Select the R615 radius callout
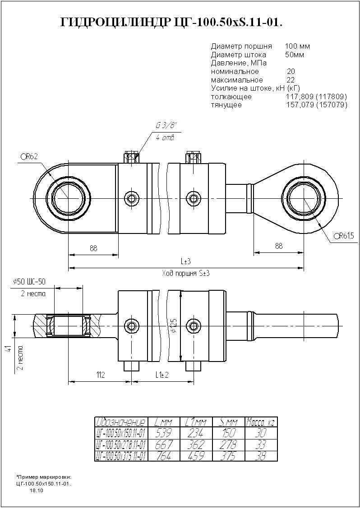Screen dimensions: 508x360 point(344,235)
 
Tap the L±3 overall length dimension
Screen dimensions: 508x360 point(185,261)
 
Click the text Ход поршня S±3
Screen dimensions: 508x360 point(185,273)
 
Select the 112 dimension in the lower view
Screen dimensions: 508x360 point(100,375)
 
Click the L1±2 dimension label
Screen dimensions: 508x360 point(162,375)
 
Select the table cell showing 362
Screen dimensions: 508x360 point(195,445)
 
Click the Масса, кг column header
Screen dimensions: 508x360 point(260,422)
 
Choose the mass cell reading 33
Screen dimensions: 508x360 point(260,445)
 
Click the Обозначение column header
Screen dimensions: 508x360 point(121,422)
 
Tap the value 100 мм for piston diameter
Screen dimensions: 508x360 point(297,46)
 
